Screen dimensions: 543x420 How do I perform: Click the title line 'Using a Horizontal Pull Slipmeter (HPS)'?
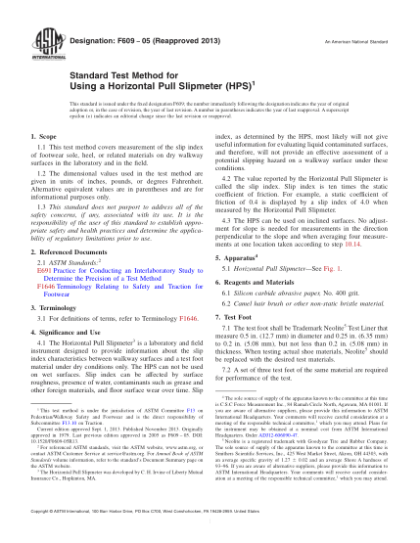[x=126, y=85]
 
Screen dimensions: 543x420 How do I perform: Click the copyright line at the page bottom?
[x=210, y=529]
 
